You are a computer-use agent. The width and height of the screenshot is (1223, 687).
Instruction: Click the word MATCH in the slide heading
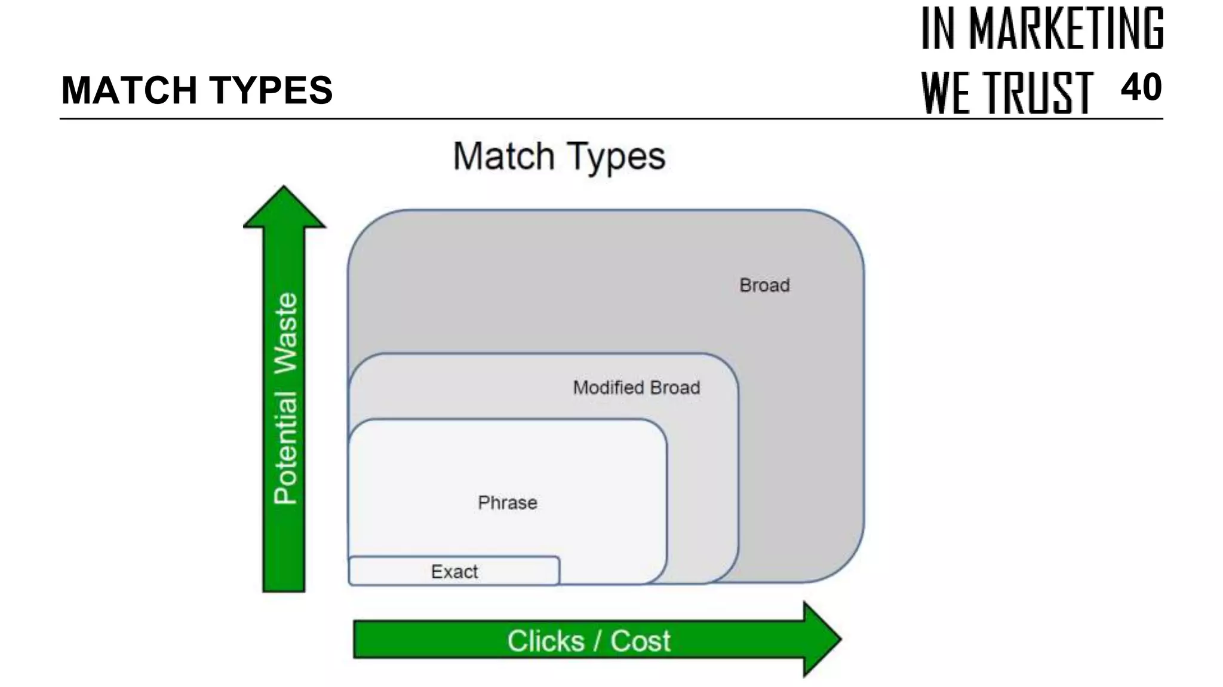point(129,90)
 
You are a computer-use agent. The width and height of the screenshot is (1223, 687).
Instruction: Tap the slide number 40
point(1141,88)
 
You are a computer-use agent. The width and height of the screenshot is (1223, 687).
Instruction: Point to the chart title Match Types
point(559,157)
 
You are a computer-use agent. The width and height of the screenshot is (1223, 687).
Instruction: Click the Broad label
point(764,286)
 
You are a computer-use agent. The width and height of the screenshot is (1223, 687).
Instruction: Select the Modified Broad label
point(637,388)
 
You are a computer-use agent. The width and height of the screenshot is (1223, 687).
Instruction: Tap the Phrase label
point(508,503)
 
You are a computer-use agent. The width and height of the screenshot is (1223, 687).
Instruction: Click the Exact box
point(454,572)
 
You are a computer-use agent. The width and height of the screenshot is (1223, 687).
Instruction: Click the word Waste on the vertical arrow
point(285,333)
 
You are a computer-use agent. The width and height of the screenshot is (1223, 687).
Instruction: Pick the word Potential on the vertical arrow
point(285,448)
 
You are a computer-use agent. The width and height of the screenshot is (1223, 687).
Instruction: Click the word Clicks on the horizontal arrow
point(546,641)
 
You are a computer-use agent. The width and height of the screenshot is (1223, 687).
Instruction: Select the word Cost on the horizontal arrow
point(640,641)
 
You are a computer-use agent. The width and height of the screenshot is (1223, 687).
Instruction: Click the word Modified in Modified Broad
point(608,388)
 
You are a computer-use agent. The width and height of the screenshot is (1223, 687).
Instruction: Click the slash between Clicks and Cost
point(597,641)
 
